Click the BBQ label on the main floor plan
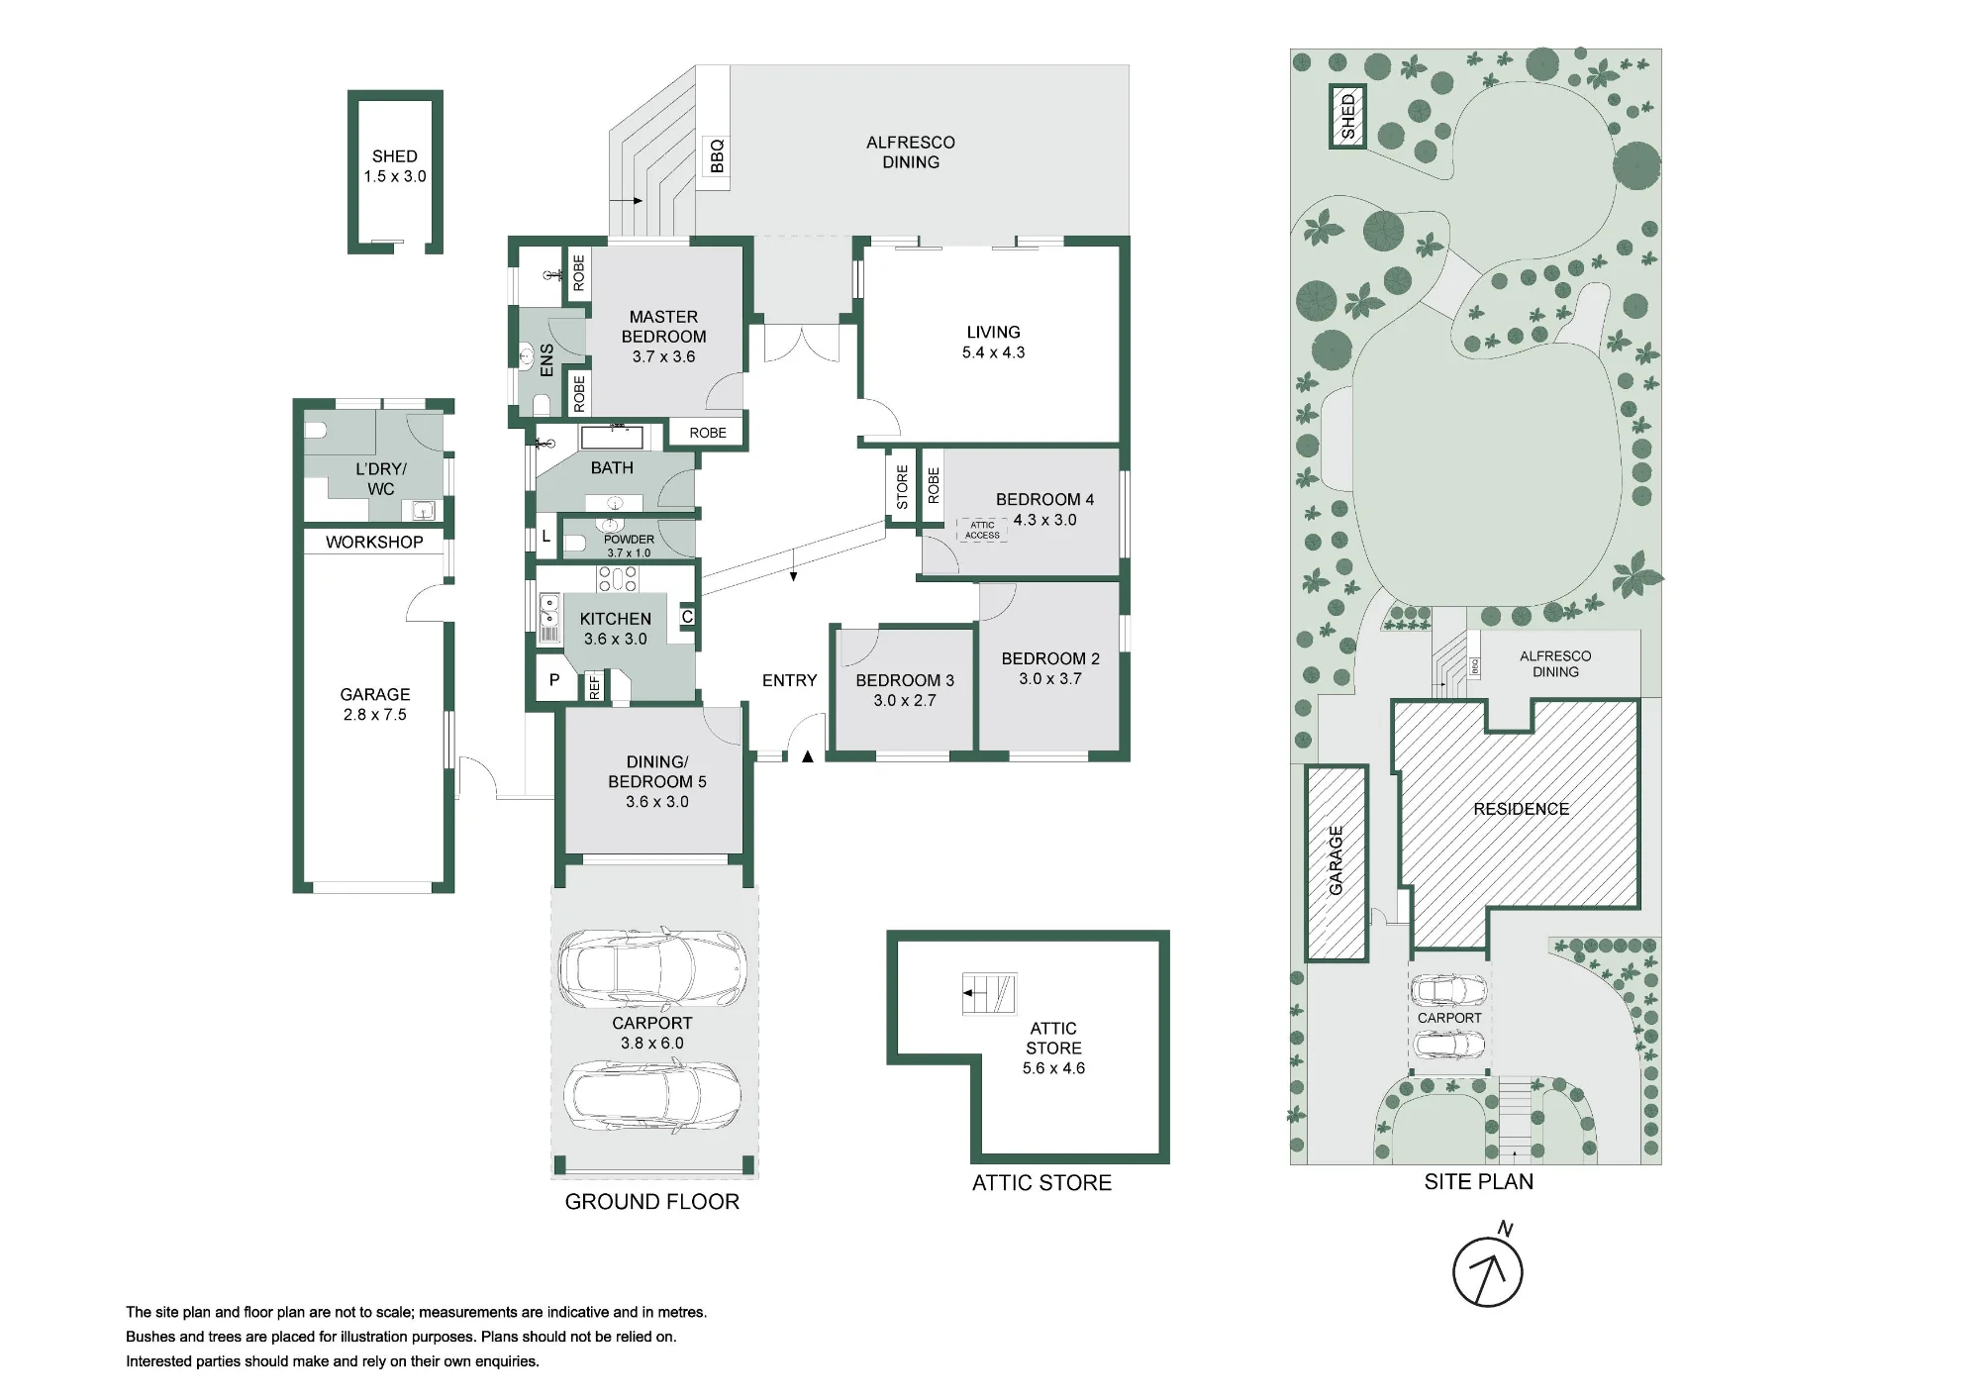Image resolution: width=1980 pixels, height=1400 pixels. point(717,156)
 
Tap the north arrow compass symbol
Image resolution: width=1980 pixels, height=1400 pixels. point(1487,1270)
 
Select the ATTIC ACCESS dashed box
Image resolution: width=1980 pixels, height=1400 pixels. point(982,531)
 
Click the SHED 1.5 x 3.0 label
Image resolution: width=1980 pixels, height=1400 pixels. point(395,166)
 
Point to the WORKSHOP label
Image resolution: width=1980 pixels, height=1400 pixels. point(374,542)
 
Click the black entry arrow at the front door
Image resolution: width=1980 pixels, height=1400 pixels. point(808,756)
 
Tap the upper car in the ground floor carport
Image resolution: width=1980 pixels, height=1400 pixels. point(651,967)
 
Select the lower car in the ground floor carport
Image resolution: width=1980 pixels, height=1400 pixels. point(651,1095)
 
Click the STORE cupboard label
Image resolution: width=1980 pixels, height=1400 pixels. point(902,487)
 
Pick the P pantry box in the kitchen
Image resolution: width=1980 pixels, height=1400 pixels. point(554,680)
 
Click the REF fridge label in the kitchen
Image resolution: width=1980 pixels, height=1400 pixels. point(595,686)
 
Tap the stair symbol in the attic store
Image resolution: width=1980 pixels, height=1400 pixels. point(989,994)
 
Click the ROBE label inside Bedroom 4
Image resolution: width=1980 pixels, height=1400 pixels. point(934,485)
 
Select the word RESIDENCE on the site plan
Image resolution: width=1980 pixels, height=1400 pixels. point(1521,809)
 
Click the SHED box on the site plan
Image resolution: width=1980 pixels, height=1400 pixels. point(1347,117)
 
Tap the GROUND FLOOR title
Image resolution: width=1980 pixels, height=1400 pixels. point(652,1202)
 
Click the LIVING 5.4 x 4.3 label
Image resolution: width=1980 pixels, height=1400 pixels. point(993,342)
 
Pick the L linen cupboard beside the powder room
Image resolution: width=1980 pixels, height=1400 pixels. point(545,537)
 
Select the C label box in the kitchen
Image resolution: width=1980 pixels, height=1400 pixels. point(687,617)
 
